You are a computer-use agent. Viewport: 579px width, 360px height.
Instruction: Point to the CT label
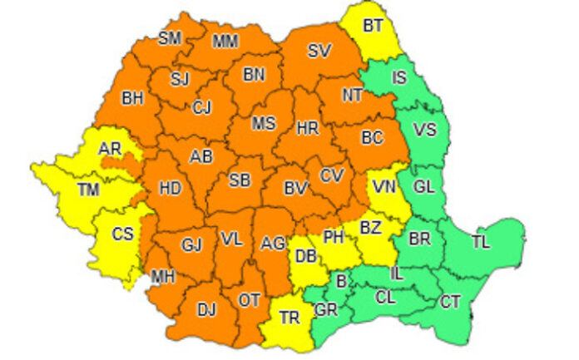coord(451,300)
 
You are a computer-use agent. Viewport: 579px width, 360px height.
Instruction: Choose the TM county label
coord(89,190)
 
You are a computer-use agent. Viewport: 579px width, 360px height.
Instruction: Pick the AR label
coord(110,148)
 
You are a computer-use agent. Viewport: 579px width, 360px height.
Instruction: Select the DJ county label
coord(205,310)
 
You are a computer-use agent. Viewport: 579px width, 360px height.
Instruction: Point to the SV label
coord(319,51)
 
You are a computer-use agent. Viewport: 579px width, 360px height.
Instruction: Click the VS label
coord(424,130)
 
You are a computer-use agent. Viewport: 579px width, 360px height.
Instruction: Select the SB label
coord(240,180)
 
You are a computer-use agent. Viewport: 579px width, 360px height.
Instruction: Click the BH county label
coord(132,98)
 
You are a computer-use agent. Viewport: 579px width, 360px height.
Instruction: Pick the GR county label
coord(326,310)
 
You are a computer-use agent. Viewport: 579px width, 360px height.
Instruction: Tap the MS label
coord(264,124)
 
